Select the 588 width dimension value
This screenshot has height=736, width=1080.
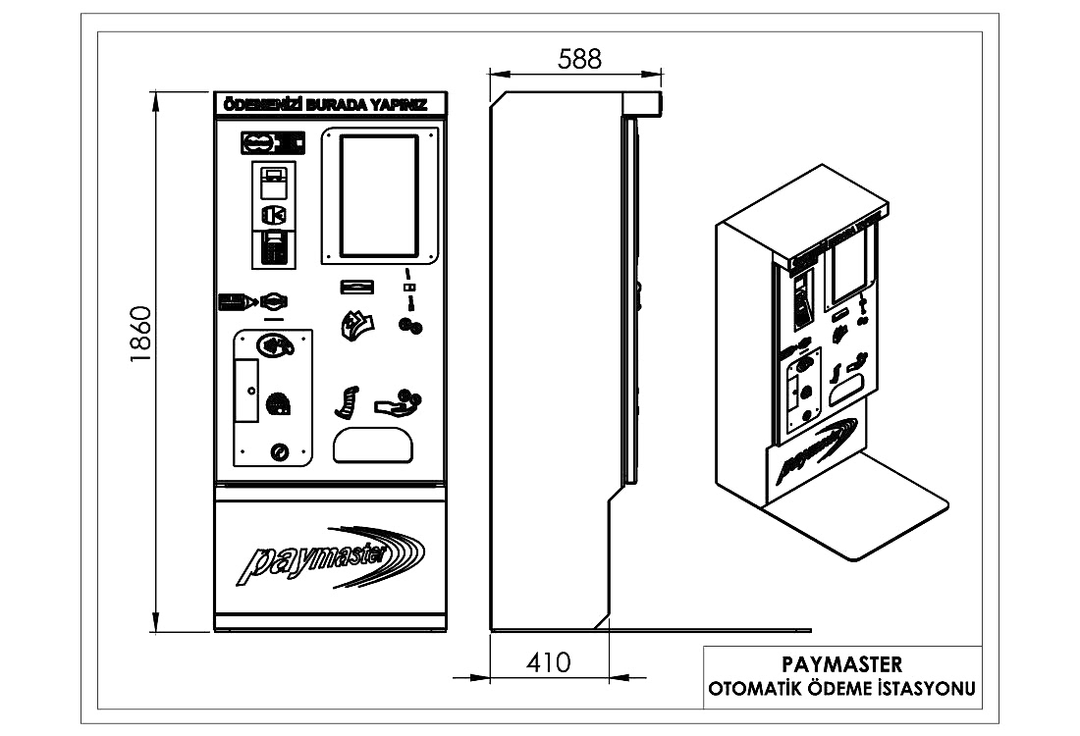(x=579, y=59)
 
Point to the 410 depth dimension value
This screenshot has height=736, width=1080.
(x=548, y=662)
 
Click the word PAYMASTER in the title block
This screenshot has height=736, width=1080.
(x=841, y=664)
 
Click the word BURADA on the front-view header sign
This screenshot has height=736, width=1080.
(x=336, y=105)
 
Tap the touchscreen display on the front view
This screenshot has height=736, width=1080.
(x=379, y=194)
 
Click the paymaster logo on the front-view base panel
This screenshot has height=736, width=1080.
(x=331, y=556)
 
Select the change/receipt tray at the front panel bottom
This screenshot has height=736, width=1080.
(x=373, y=445)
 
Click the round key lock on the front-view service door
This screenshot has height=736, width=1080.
(x=280, y=452)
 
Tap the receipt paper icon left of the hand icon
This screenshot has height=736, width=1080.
(x=348, y=402)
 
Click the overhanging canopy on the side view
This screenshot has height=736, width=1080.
(x=642, y=103)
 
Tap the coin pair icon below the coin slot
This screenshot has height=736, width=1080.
(x=410, y=326)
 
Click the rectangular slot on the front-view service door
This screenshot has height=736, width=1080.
(x=246, y=391)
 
